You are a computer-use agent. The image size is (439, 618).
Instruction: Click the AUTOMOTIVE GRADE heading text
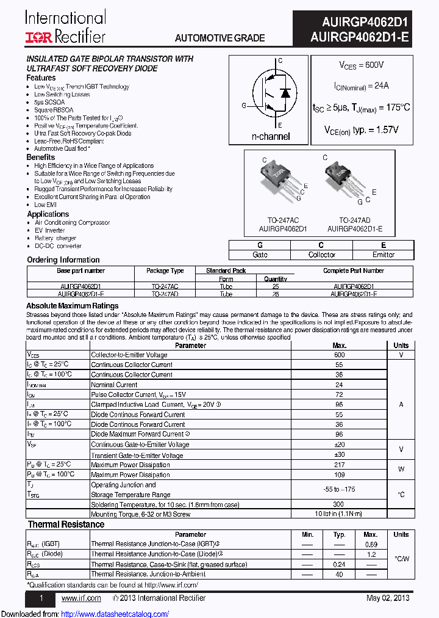220,38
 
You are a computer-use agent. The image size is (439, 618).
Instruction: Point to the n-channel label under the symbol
271,137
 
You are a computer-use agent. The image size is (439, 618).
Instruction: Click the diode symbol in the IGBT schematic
285,92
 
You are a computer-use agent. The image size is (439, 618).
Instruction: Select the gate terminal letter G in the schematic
244,106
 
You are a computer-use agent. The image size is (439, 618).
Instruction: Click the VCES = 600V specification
362,65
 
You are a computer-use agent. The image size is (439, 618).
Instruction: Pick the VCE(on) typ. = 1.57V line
362,130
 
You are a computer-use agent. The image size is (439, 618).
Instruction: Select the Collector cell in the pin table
321,255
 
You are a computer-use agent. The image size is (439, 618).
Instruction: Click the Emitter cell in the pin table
383,255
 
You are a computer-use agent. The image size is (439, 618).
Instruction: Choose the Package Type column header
165,271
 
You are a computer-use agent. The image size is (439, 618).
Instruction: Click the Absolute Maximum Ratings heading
73,306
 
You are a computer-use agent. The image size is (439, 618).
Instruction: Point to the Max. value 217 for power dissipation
340,465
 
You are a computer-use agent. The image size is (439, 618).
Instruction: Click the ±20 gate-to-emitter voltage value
340,445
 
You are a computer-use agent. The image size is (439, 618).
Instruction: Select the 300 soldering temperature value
340,505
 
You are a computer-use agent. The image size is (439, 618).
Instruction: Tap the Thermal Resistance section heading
66,525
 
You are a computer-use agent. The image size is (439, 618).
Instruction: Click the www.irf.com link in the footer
81,598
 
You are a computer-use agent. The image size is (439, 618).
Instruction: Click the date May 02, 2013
388,598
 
